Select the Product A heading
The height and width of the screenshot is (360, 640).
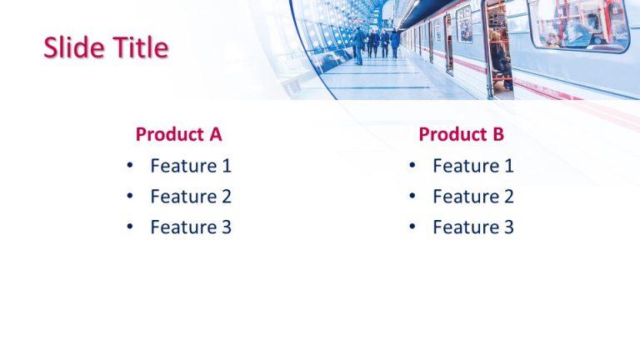178,134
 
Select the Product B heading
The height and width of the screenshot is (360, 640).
461,134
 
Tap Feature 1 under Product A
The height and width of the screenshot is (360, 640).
191,166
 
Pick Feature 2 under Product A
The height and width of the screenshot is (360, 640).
191,197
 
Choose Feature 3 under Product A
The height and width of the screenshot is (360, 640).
191,227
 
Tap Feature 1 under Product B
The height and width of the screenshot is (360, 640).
473,166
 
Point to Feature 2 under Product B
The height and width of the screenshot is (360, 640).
473,197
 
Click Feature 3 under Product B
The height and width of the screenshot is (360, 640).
473,227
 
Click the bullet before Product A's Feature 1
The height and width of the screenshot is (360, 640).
129,166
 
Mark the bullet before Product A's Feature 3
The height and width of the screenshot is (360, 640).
129,227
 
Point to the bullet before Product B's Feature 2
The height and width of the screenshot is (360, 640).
412,197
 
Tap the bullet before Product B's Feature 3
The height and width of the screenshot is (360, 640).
412,227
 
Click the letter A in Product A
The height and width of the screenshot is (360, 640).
215,134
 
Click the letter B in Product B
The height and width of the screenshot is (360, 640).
497,134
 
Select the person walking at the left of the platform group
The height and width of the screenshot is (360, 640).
358,46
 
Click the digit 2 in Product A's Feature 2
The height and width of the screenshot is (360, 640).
225,197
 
